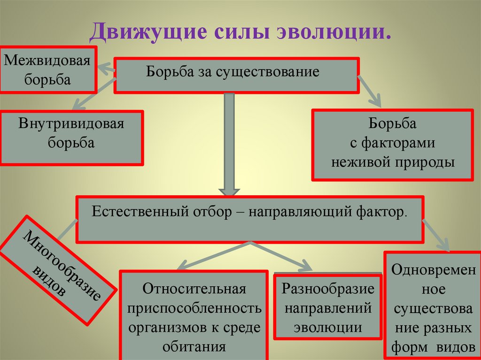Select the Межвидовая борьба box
coord(47,69)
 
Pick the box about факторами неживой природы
coord(393,144)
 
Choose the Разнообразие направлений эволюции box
coord(328,306)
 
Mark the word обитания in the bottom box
coord(194,347)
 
